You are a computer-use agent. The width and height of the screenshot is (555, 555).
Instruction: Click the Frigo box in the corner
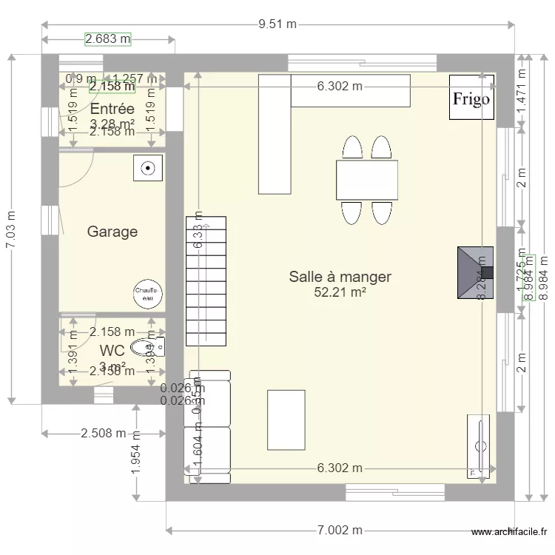click(x=471, y=97)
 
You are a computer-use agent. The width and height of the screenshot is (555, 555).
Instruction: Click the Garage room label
click(x=112, y=232)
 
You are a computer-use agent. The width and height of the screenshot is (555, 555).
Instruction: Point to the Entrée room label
click(x=112, y=110)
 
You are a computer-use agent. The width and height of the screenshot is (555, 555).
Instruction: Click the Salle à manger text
click(x=340, y=277)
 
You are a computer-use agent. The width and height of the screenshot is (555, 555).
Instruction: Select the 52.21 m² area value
click(x=340, y=292)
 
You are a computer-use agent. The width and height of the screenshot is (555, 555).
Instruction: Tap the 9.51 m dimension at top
click(x=277, y=24)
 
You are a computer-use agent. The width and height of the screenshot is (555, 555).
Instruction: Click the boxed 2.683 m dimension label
click(x=108, y=38)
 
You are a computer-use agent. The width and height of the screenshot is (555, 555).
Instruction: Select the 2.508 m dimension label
click(x=104, y=433)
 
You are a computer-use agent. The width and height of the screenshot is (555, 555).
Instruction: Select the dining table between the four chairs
click(x=366, y=179)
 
